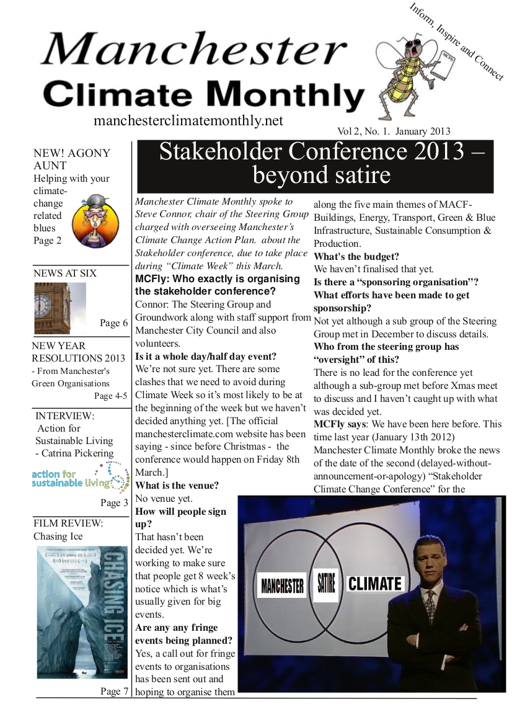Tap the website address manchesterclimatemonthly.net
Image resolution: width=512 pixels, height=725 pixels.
tap(188, 120)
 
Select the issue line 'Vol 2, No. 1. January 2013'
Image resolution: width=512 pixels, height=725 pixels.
tap(394, 131)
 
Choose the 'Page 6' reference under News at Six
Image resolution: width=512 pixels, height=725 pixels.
tap(113, 323)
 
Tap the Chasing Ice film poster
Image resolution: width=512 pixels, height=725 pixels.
tap(82, 611)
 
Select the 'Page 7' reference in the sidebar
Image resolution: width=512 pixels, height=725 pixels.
tap(114, 692)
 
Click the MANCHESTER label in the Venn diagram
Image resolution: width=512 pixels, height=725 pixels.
tap(282, 584)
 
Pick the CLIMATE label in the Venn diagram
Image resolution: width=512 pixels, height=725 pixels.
tap(375, 583)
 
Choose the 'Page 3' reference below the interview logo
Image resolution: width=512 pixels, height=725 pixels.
tap(114, 503)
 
